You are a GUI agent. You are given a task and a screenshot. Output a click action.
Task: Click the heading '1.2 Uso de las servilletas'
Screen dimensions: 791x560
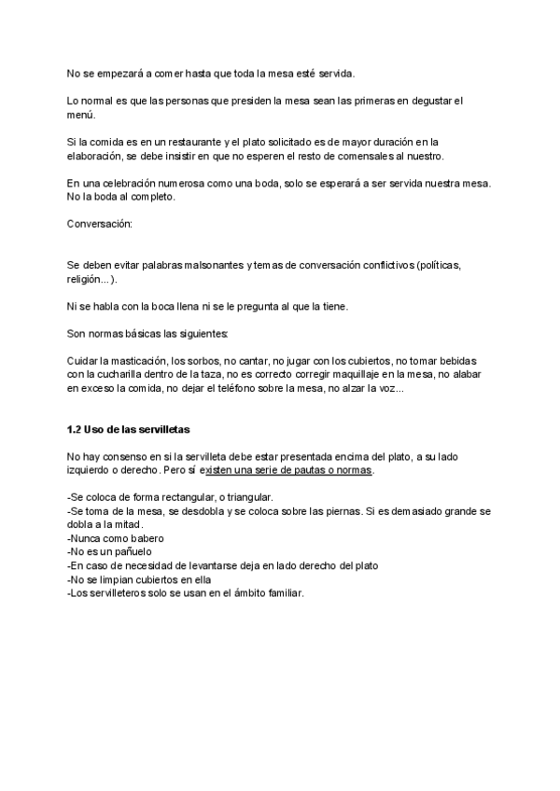128,429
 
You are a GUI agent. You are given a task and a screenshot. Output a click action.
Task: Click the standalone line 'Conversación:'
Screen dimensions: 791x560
100,224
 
